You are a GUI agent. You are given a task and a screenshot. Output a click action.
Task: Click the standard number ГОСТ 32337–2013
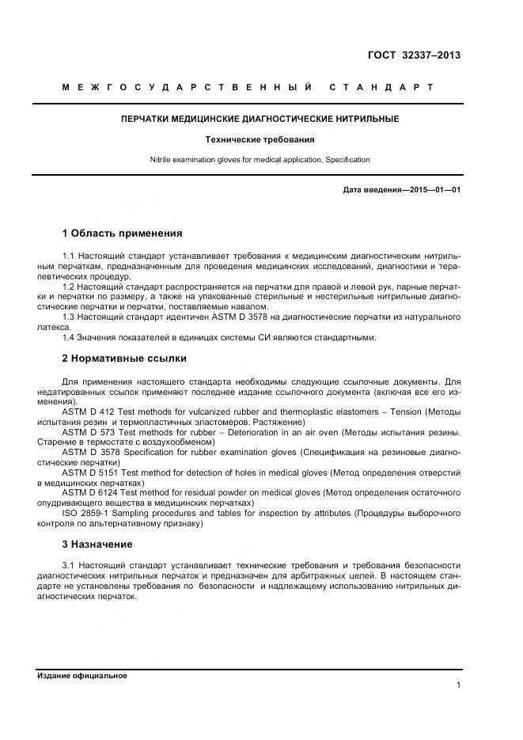(x=414, y=55)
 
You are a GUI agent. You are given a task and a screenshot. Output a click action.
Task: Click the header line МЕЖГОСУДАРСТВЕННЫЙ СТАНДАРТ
(x=248, y=87)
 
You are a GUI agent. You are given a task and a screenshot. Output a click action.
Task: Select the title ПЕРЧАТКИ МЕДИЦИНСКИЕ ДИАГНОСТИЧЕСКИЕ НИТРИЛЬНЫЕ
(x=260, y=119)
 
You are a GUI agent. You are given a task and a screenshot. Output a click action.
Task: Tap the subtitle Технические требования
(x=260, y=139)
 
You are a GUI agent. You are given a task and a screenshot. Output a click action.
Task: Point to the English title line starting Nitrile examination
(x=260, y=160)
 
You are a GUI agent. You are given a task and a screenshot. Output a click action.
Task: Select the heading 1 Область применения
(x=122, y=233)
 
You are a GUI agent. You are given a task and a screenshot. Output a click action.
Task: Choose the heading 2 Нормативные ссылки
(x=124, y=359)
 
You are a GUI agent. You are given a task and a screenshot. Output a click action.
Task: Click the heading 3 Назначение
(x=97, y=545)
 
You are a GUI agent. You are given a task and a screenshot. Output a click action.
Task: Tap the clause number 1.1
(x=68, y=256)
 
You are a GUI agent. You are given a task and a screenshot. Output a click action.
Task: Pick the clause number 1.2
(x=68, y=287)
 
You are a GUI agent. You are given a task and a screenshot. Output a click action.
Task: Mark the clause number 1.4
(x=68, y=337)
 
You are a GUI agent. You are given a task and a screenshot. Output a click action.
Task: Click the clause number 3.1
(x=68, y=566)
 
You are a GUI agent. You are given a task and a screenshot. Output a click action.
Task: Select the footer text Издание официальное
(x=82, y=676)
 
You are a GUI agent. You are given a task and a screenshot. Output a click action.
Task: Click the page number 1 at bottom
(x=458, y=685)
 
